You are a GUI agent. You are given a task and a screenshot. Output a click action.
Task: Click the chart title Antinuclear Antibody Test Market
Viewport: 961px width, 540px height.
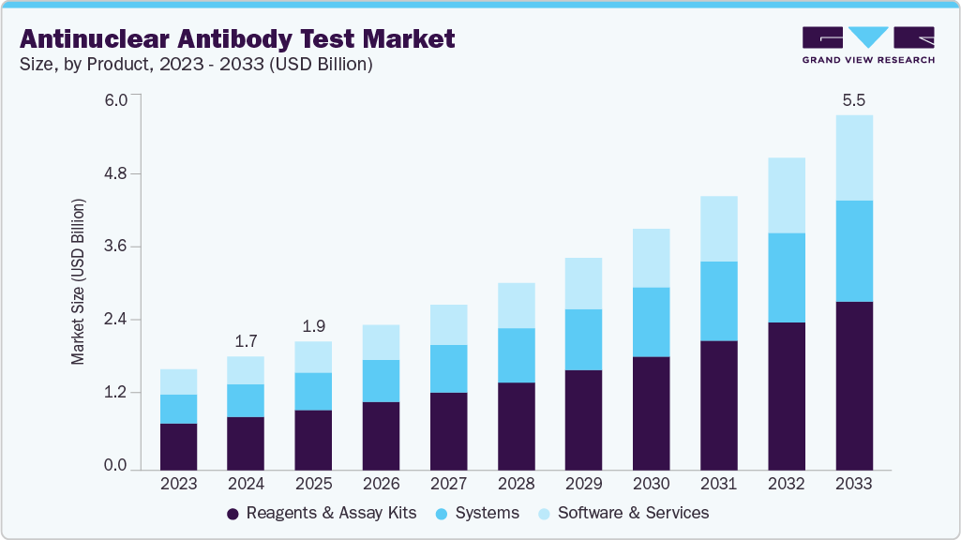tap(237, 38)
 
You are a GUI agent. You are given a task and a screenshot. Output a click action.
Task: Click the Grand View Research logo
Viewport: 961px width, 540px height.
tap(868, 45)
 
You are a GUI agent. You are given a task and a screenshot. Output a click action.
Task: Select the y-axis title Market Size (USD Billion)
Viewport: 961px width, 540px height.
tap(79, 282)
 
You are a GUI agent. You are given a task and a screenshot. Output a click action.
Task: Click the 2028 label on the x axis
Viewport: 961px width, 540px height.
tap(516, 484)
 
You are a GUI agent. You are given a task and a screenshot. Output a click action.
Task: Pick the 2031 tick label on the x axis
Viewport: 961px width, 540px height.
tap(718, 484)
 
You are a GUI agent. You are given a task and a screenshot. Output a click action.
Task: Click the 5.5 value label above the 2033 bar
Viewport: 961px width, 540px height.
tap(853, 99)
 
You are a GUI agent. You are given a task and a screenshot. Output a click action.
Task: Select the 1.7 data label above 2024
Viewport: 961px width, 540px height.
tap(246, 341)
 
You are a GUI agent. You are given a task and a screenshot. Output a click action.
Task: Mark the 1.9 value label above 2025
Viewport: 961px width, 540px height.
tap(313, 326)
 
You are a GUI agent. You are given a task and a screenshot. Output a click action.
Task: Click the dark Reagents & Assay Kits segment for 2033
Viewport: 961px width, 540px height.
tap(853, 384)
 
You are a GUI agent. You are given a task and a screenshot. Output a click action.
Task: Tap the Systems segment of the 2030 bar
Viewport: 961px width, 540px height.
tap(651, 322)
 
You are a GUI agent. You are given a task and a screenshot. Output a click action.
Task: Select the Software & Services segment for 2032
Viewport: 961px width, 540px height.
tap(786, 195)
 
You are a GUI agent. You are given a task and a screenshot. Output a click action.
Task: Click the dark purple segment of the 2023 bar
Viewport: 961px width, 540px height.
tap(178, 445)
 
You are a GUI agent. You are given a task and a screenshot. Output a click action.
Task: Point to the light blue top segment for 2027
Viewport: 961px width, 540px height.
tap(448, 324)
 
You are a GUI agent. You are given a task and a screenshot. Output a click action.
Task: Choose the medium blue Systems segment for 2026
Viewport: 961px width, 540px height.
tap(381, 381)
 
